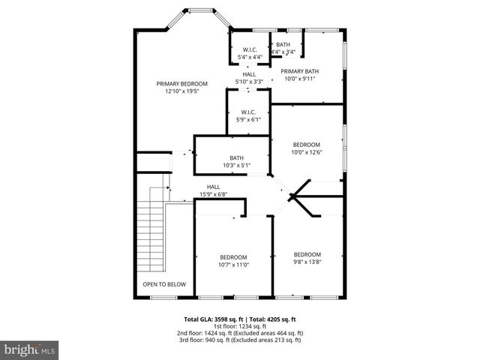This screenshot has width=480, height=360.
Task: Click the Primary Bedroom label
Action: (181, 84)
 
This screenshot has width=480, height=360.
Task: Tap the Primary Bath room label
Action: (300, 71)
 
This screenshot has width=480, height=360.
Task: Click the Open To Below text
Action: (164, 284)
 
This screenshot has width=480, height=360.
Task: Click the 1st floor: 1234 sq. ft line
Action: (239, 326)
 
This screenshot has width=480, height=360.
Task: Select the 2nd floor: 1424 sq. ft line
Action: (239, 333)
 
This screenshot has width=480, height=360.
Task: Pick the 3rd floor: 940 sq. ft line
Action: (239, 340)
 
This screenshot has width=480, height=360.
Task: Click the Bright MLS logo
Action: (30, 349)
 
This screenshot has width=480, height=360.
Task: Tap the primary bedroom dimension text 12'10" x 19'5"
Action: (181, 91)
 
